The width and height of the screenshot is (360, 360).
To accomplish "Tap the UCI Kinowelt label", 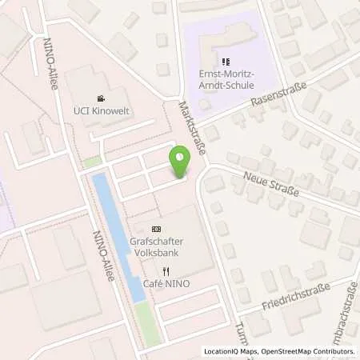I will [99, 110].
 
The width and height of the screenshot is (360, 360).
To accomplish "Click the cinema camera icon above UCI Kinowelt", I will [99, 98].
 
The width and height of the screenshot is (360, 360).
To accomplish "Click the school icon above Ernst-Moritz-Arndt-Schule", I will [226, 60].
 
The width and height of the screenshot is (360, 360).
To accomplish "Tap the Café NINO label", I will [166, 284].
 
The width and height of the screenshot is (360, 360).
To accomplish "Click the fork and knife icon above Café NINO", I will [166, 271].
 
